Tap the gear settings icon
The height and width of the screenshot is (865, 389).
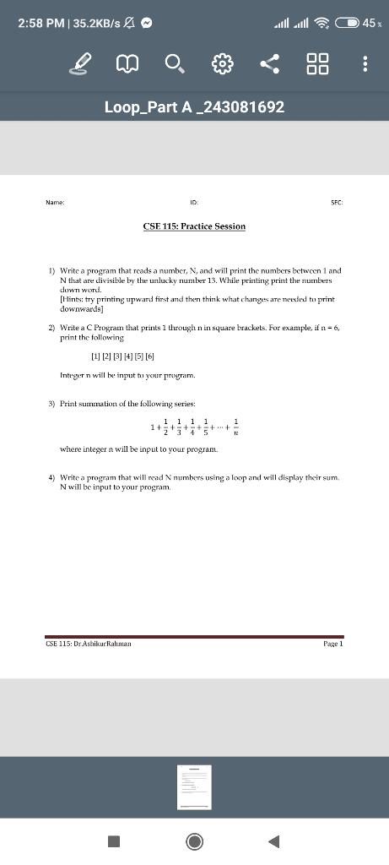tap(221, 63)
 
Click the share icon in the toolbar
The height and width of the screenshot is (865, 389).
tap(269, 63)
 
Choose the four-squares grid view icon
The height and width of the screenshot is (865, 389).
tap(317, 63)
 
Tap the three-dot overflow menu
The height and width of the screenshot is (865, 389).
tap(365, 63)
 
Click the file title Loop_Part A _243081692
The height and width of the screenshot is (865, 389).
tap(194, 107)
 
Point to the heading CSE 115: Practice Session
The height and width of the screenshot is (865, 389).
tap(194, 226)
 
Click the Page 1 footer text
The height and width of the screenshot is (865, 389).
tap(333, 643)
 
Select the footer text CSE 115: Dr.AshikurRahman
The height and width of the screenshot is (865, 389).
tap(88, 643)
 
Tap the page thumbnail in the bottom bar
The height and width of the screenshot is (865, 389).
tap(194, 786)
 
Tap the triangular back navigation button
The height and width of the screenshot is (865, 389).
tap(273, 841)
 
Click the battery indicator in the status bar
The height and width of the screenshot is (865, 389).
tap(348, 23)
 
